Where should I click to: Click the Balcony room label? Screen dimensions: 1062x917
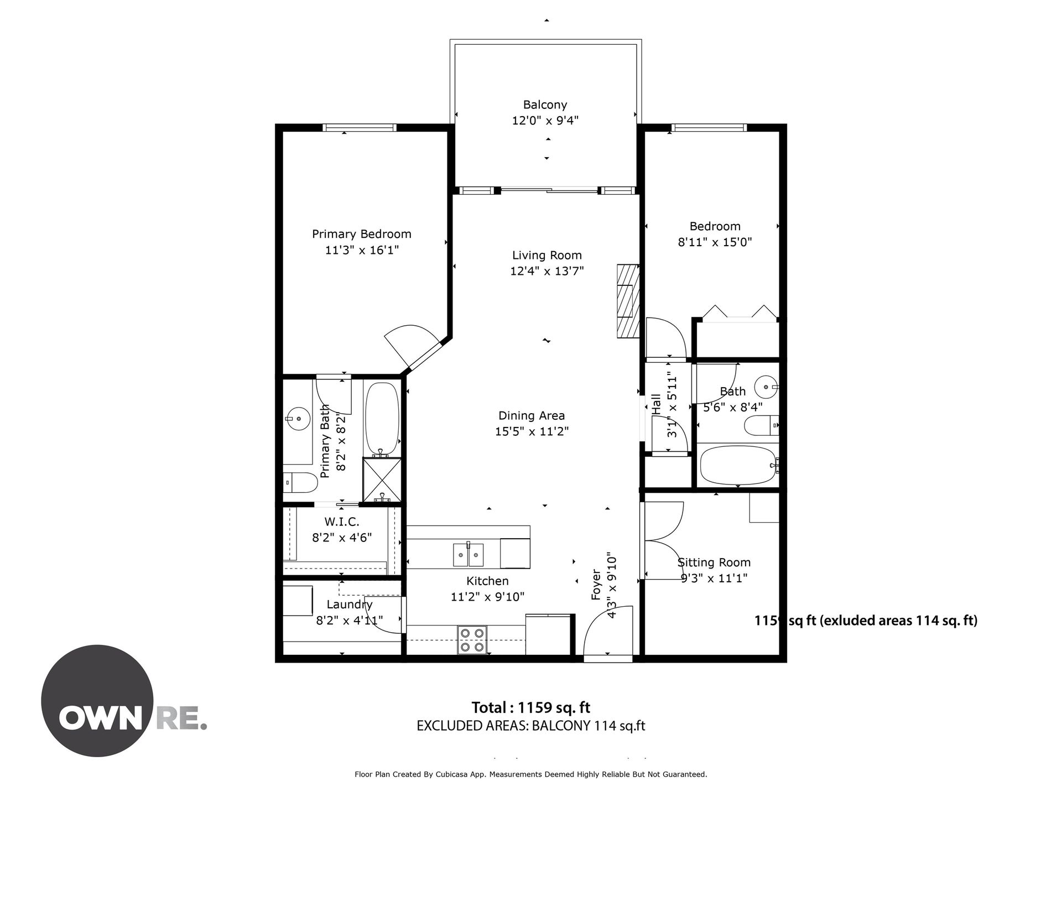click(x=545, y=105)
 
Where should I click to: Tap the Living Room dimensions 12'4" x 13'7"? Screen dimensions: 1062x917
click(x=546, y=271)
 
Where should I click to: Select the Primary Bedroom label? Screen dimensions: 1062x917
click(x=361, y=234)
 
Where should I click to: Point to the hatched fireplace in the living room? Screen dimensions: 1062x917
click(x=628, y=301)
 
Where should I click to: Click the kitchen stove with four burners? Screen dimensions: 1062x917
click(x=472, y=640)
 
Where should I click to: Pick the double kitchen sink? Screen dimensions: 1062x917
click(x=468, y=554)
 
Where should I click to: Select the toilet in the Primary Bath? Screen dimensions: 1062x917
click(x=300, y=483)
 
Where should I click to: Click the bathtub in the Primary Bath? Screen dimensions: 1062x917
click(x=382, y=418)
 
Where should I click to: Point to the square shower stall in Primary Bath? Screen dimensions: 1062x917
click(x=382, y=480)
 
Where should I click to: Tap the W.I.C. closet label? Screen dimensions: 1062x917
click(x=342, y=522)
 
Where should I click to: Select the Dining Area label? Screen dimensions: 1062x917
click(x=532, y=415)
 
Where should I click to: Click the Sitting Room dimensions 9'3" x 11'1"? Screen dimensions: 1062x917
click(x=714, y=578)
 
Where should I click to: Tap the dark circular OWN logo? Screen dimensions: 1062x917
click(x=97, y=701)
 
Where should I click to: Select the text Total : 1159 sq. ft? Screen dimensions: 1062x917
click(x=531, y=707)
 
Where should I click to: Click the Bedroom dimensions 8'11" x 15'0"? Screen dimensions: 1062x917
click(x=715, y=242)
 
